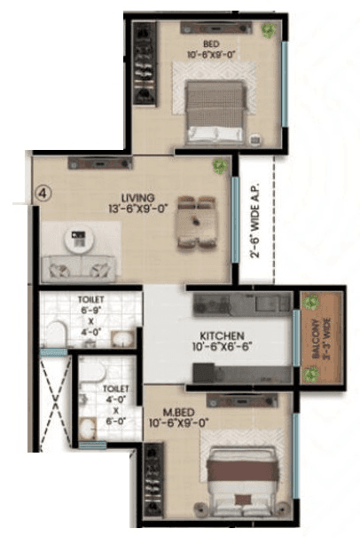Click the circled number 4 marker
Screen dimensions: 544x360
click(x=42, y=190)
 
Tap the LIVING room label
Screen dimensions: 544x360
click(x=138, y=197)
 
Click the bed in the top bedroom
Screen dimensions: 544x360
click(x=215, y=112)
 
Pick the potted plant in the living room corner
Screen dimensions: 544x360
click(x=218, y=166)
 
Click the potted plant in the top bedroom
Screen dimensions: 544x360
click(x=268, y=31)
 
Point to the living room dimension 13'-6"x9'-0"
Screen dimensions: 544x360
click(x=138, y=209)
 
